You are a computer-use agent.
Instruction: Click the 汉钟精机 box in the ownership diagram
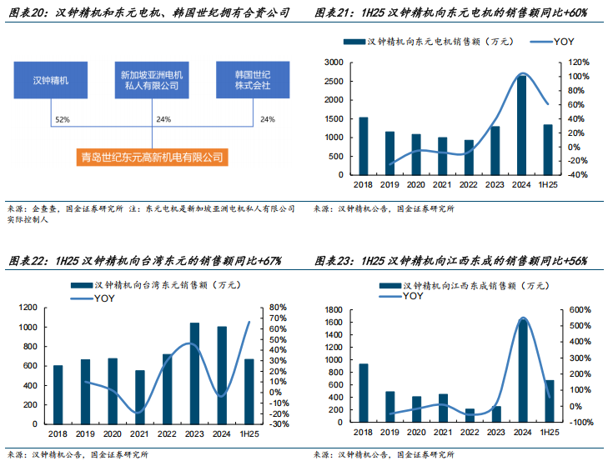pyautogui.click(x=50, y=80)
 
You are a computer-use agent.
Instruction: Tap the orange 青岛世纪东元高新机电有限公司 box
pyautogui.click(x=151, y=157)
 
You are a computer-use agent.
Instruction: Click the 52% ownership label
pyautogui.click(x=62, y=120)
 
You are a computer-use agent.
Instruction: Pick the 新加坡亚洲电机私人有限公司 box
pyautogui.click(x=151, y=80)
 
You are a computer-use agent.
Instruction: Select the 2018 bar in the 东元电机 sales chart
pyautogui.click(x=363, y=146)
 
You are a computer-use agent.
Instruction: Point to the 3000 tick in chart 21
pyautogui.click(x=334, y=63)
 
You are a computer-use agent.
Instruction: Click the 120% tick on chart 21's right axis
pyautogui.click(x=579, y=63)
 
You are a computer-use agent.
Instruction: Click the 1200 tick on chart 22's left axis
pyautogui.click(x=28, y=308)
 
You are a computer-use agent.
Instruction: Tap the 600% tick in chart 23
pyautogui.click(x=580, y=309)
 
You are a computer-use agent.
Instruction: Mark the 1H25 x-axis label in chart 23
pyautogui.click(x=549, y=434)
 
